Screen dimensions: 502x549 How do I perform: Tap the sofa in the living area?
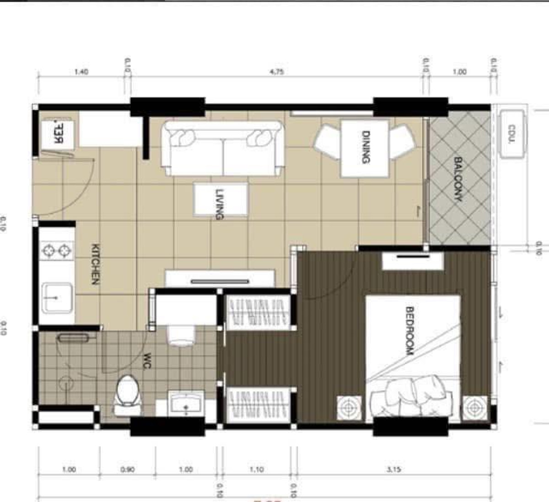(223, 148)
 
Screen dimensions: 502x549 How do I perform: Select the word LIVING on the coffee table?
(220, 204)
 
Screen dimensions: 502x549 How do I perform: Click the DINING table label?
(366, 147)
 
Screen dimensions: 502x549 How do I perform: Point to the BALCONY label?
(458, 179)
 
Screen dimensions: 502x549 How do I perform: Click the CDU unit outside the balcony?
(512, 134)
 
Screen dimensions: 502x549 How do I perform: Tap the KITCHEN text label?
(95, 264)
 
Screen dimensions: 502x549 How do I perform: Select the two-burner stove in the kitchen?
(57, 251)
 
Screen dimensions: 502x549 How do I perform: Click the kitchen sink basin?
(57, 298)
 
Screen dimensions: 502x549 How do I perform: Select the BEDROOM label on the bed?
(409, 331)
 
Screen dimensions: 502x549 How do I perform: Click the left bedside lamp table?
(350, 407)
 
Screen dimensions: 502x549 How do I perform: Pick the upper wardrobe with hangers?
(258, 313)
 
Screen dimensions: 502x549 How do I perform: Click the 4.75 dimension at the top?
(277, 72)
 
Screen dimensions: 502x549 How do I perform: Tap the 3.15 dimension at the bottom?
(393, 470)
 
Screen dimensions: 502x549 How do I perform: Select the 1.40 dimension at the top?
(81, 72)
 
